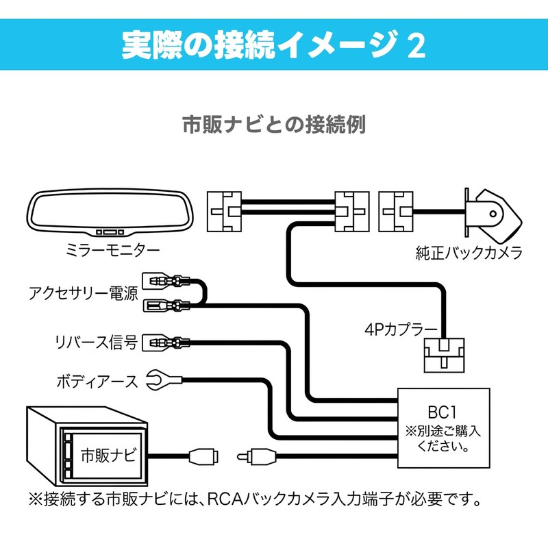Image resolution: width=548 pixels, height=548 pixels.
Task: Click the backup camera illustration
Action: coord(492,208)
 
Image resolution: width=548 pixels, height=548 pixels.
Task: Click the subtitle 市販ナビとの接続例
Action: coord(273,125)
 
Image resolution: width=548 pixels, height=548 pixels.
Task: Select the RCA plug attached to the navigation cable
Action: coord(203,453)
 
